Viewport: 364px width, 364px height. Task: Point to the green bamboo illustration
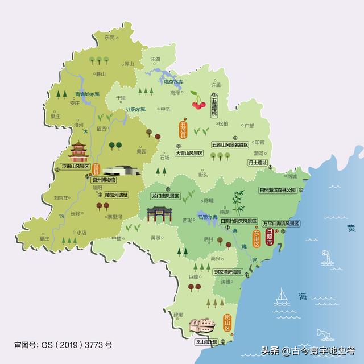[237, 201]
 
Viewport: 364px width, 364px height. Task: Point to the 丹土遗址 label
[258, 163]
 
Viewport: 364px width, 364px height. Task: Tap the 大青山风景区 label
[193, 153]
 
